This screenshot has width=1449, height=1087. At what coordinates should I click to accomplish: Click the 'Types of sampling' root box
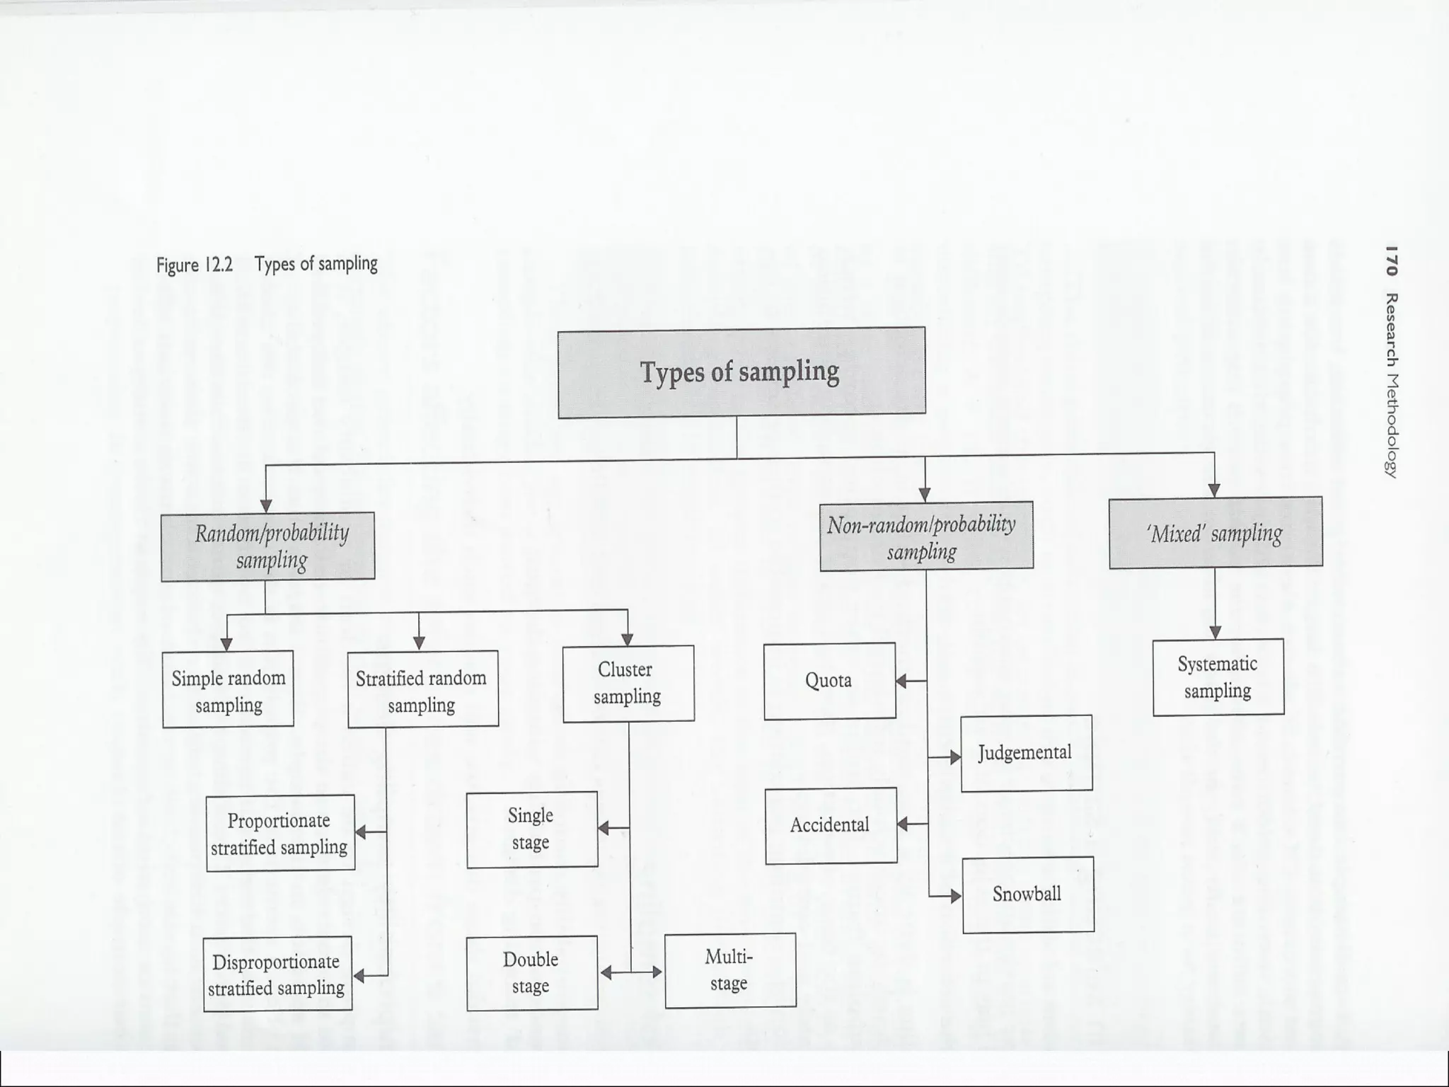click(741, 372)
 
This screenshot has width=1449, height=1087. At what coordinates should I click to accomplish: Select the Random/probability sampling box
click(267, 546)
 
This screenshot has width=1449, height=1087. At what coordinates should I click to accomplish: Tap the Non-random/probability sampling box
click(925, 536)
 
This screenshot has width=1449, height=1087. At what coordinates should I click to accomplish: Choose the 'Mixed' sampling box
click(1215, 533)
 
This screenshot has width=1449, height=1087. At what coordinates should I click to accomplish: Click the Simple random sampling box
click(228, 689)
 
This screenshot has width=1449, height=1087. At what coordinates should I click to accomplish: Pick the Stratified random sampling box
click(422, 689)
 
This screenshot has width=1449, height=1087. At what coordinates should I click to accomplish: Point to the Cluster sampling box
click(628, 684)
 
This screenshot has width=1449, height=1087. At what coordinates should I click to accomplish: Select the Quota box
click(829, 681)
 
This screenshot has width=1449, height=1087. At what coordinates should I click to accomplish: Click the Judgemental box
click(1026, 753)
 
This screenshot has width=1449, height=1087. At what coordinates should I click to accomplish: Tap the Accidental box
click(831, 825)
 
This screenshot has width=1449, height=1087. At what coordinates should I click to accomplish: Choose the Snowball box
click(1028, 895)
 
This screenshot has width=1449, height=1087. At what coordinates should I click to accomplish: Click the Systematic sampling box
click(1218, 677)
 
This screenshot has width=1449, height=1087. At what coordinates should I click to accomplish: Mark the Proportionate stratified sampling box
click(280, 833)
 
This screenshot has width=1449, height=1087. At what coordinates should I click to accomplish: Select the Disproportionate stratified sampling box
click(277, 974)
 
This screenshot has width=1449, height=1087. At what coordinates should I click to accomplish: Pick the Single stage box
click(532, 829)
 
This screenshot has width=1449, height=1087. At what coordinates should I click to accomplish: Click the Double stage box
click(532, 973)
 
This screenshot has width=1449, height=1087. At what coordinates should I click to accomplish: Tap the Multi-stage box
click(730, 970)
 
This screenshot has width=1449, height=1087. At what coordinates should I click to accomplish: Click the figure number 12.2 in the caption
click(218, 265)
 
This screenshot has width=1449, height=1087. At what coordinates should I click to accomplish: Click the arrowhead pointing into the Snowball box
click(956, 897)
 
